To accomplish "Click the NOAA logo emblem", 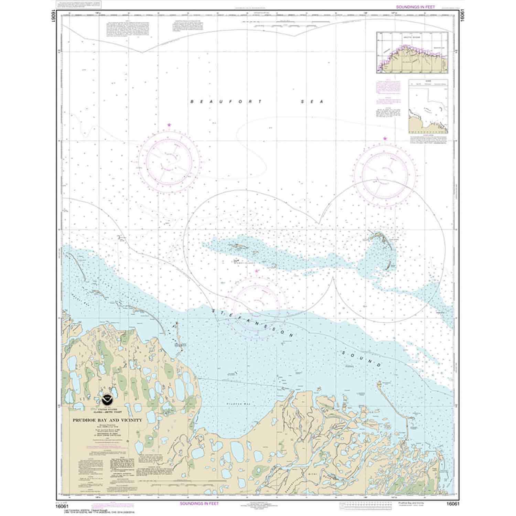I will [107, 401].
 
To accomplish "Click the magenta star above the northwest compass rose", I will [169, 125].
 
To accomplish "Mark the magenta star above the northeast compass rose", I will [385, 139].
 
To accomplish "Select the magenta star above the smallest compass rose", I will [257, 271].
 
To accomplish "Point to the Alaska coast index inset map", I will [412, 53].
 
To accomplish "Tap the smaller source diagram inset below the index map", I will [428, 106].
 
